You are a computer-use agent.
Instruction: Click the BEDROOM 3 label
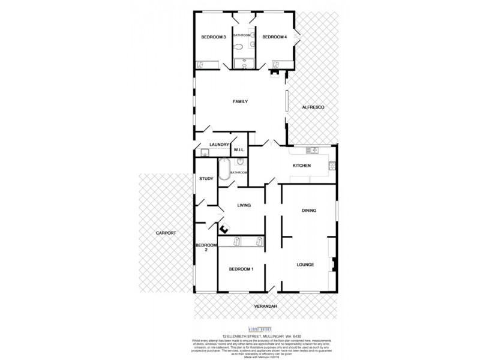pos(213,37)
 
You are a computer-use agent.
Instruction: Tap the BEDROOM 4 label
pos(275,37)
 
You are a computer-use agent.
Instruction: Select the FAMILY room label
pos(241,101)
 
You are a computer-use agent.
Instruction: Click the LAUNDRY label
pos(219,145)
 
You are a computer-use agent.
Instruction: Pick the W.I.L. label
pos(238,150)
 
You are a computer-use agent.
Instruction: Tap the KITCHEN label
pos(301,166)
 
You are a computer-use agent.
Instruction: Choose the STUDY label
pos(206,178)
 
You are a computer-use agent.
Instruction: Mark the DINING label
pos(308,210)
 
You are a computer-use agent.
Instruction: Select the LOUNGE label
pos(305,263)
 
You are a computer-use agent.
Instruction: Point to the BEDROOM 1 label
pos(241,269)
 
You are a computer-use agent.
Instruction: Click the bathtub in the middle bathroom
pos(224,169)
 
